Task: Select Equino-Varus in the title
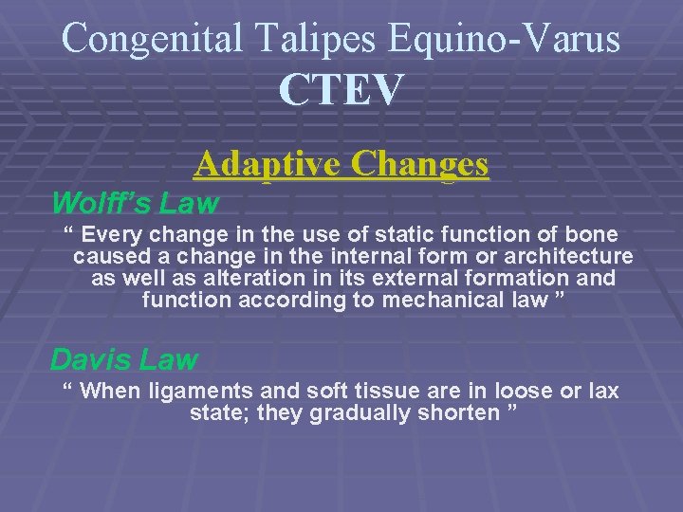click(x=506, y=38)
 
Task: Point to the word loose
click(x=509, y=392)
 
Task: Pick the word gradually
click(x=374, y=413)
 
